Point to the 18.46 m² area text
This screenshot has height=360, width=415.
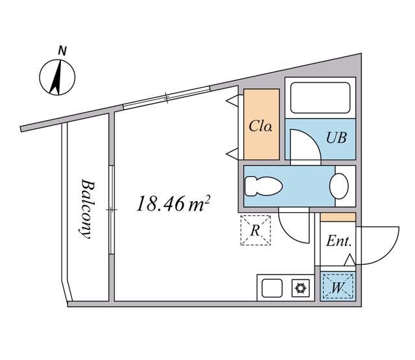click(172, 204)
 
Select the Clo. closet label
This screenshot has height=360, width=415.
click(261, 125)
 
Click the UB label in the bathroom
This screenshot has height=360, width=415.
click(337, 138)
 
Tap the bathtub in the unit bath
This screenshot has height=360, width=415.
click(320, 97)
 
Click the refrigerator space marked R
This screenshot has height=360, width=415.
click(255, 230)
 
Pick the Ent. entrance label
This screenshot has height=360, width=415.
click(338, 242)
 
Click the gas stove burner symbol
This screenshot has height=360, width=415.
click(301, 286)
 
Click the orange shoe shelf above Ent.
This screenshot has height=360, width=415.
click(338, 217)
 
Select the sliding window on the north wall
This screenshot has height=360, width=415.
click(166, 98)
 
